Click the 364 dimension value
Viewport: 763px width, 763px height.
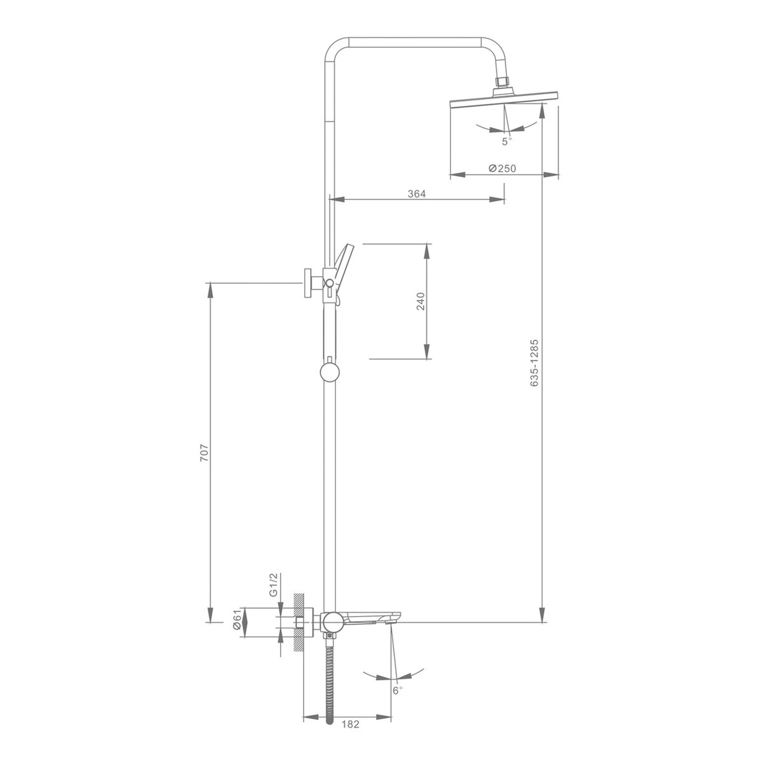click(417, 194)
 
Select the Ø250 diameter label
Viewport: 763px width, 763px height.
click(502, 168)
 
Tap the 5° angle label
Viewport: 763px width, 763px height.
click(507, 142)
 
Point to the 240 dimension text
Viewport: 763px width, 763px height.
click(421, 301)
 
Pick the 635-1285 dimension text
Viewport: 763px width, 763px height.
click(534, 362)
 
